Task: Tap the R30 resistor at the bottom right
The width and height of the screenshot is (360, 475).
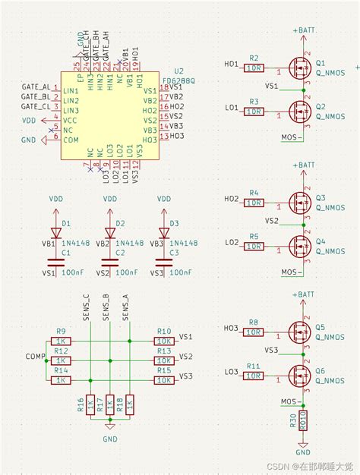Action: (303, 421)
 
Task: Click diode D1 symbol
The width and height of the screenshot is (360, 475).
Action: (55, 233)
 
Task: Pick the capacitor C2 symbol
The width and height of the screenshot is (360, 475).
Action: (110, 262)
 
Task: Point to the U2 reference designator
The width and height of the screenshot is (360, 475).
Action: (179, 70)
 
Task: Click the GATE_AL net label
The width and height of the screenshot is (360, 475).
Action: (36, 88)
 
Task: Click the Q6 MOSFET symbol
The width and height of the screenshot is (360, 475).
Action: (300, 373)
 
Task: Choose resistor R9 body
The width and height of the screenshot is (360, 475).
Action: (62, 341)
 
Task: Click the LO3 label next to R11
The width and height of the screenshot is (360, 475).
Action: (231, 371)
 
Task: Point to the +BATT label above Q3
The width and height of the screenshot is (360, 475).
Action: (303, 165)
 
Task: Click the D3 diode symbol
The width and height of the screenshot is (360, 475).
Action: (163, 233)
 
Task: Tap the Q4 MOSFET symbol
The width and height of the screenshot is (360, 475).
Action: (300, 244)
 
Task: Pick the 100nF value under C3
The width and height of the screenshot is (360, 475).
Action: (178, 271)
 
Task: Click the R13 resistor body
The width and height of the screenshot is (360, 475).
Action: (163, 360)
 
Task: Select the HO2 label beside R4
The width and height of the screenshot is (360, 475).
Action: (231, 200)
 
